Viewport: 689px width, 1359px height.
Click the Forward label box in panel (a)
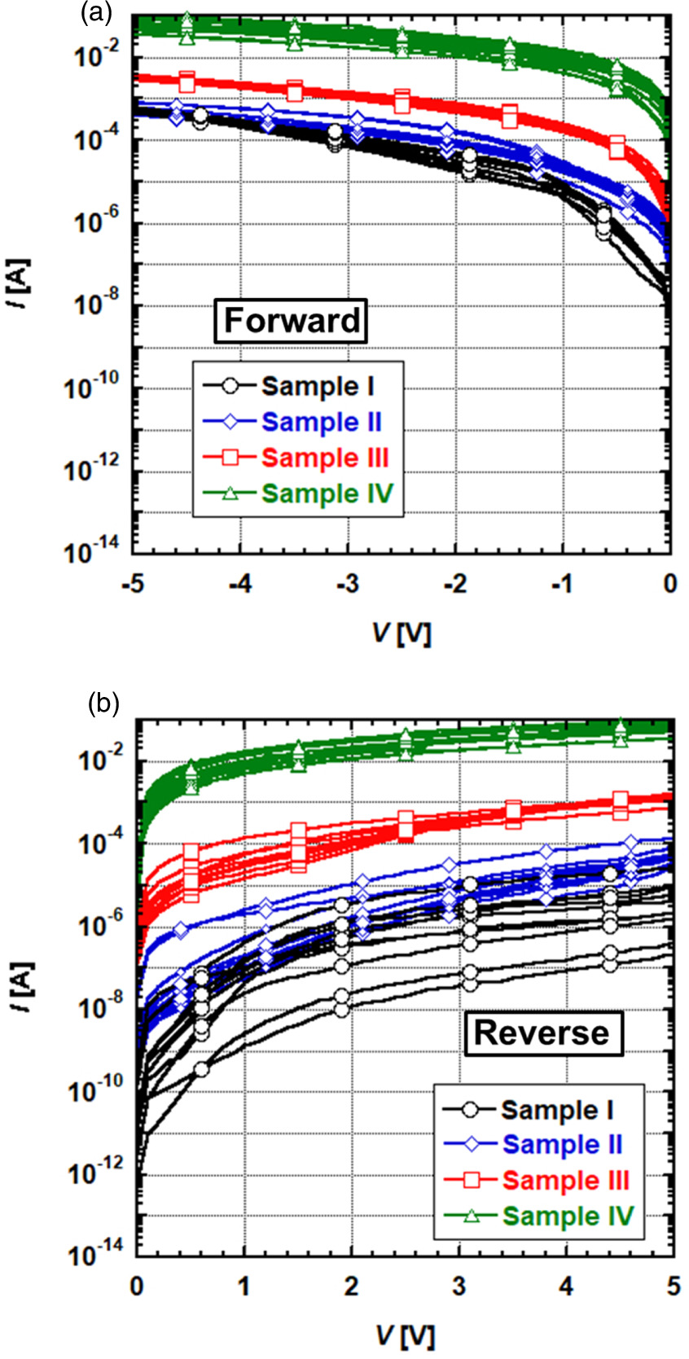[x=291, y=320]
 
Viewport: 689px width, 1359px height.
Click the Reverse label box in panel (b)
[x=541, y=1032]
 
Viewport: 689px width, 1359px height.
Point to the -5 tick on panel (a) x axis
[x=133, y=584]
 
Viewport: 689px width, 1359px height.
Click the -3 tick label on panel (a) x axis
[x=347, y=584]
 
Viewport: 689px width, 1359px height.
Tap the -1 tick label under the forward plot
[x=562, y=584]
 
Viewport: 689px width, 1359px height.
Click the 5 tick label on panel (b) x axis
[x=673, y=1286]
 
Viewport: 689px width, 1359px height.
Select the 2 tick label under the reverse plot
[x=351, y=1286]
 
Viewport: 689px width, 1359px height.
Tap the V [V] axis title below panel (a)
[x=402, y=633]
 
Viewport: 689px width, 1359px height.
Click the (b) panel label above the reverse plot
[x=103, y=703]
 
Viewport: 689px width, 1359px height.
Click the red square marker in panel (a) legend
[x=230, y=458]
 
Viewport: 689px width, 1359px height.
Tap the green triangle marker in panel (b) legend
[x=470, y=1216]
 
